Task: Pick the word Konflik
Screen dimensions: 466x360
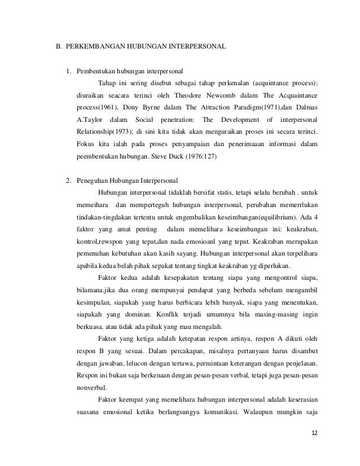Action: (x=160, y=316)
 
